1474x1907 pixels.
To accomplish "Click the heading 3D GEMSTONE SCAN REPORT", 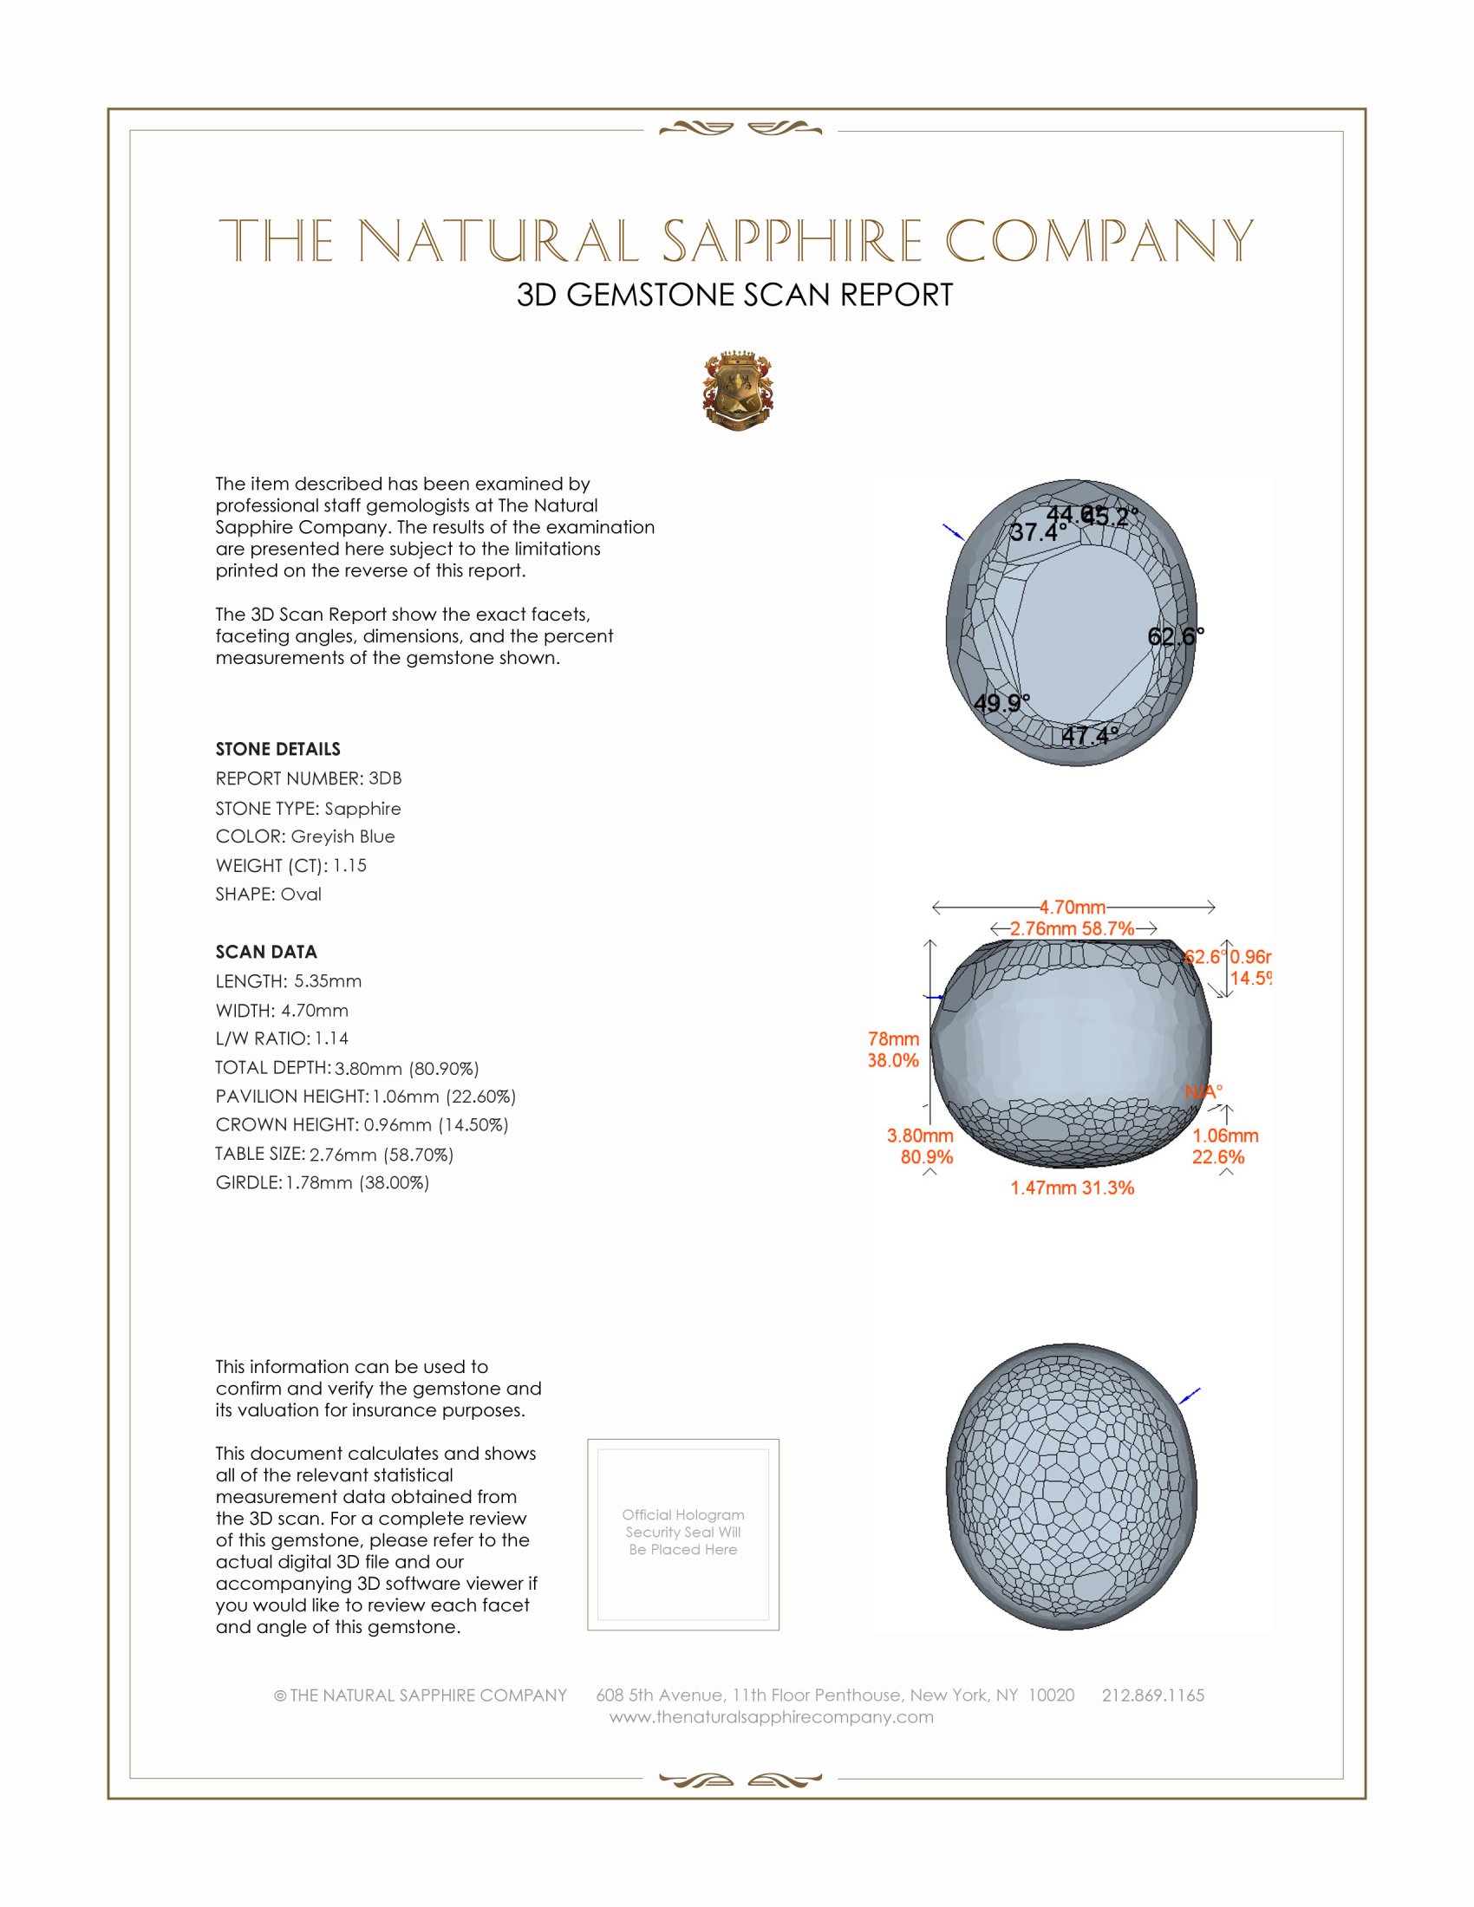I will (734, 295).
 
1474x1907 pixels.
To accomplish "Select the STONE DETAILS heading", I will (277, 749).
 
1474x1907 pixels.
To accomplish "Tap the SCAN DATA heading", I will (266, 952).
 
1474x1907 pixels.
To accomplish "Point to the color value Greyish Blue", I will (342, 836).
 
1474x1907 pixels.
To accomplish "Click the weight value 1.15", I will (349, 865).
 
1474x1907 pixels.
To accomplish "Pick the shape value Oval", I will (300, 895).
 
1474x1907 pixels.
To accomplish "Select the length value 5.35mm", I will (328, 980).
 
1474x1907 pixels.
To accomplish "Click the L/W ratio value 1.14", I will (332, 1038).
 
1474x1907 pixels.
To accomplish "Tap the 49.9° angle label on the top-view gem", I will (1001, 703).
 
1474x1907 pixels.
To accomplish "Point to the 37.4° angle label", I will (1037, 531).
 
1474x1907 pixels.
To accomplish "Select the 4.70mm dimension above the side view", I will (1073, 908).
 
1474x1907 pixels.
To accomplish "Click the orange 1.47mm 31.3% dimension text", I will (1073, 1188).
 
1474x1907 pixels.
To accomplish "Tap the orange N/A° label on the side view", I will (1203, 1091).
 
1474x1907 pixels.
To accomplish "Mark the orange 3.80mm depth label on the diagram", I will (920, 1136).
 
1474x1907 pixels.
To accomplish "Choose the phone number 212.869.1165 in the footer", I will (1152, 1695).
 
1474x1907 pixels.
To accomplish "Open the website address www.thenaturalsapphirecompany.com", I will (771, 1716).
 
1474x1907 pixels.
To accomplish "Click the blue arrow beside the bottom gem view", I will (1190, 1396).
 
